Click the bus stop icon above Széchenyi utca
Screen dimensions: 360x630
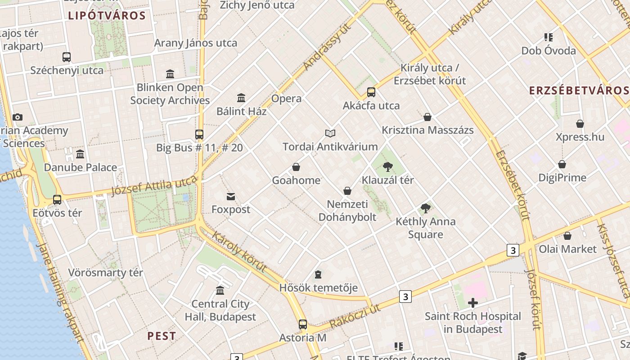point(67,57)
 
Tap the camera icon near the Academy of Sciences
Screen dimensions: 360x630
point(18,117)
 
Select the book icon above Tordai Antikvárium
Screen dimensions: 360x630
point(330,133)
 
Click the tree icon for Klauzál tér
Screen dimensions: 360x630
point(387,167)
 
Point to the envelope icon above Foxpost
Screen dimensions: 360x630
point(231,196)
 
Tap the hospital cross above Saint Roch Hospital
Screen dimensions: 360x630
point(472,303)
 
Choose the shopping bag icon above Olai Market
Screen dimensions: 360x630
point(567,236)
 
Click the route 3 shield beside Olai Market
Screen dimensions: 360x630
point(513,250)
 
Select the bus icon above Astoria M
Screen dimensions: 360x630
point(303,324)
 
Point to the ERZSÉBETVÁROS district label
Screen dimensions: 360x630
point(579,90)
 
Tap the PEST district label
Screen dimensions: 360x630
point(162,336)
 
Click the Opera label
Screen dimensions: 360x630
point(287,99)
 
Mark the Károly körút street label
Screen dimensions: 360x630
point(239,252)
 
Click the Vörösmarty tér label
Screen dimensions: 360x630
point(105,273)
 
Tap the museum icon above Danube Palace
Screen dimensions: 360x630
point(80,154)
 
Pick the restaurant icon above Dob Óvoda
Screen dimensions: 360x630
point(548,37)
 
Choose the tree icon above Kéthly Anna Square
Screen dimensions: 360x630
point(425,208)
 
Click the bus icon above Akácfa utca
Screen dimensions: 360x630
point(371,92)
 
